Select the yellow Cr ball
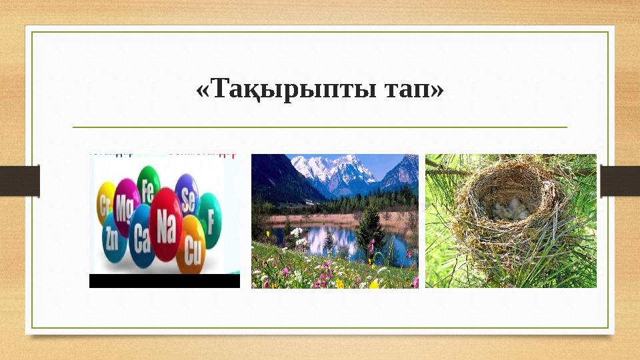[105, 203]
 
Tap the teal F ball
[211, 219]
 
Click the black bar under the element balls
[164, 281]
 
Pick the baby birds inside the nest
[510, 211]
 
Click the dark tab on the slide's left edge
[19, 181]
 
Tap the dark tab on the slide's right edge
[620, 181]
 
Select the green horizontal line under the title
[319, 127]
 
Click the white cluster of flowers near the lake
[297, 233]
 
